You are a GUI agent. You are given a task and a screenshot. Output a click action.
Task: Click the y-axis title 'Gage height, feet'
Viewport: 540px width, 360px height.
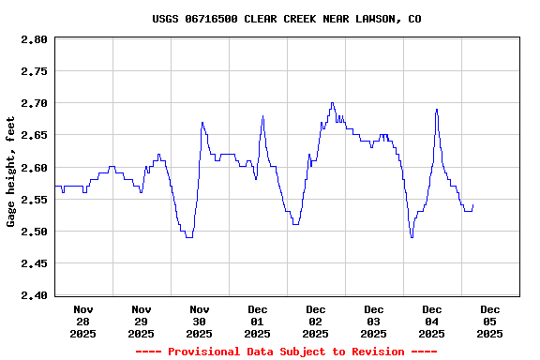11,172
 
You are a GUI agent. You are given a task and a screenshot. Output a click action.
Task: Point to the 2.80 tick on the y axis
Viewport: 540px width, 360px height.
34,39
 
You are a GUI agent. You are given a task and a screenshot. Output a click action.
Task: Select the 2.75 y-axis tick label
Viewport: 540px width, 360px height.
34,71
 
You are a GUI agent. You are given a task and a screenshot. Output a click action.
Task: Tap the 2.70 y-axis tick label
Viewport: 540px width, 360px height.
34,103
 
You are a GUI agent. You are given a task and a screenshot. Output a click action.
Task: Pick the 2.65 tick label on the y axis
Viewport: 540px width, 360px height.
34,135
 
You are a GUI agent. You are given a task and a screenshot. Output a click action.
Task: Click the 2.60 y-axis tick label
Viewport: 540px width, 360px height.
34,168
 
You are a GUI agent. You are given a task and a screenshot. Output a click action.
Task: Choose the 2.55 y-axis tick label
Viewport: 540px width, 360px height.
34,200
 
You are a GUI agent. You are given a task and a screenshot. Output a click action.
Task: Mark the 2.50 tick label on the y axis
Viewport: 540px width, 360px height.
34,232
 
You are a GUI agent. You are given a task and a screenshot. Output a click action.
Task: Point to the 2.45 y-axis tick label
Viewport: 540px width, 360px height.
34,263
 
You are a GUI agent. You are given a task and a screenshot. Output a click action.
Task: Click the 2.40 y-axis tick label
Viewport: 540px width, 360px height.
34,295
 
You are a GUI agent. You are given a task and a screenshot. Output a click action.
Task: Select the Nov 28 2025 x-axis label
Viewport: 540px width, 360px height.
83,321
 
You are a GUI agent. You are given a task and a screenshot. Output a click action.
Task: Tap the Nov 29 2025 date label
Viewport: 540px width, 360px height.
142,321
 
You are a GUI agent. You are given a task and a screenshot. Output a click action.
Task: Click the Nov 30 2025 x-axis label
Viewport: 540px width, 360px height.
200,321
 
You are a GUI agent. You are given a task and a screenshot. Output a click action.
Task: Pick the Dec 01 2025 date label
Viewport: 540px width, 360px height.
258,321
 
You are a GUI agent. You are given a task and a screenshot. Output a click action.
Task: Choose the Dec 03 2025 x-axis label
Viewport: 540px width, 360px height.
374,321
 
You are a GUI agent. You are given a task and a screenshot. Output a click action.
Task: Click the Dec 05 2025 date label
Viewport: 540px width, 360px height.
489,321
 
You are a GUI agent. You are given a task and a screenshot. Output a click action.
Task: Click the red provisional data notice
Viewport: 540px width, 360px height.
286,352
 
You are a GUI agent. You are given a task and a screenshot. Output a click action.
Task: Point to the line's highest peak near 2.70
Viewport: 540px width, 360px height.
332,103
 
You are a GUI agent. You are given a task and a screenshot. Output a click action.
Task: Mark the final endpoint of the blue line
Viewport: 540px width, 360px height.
473,205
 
